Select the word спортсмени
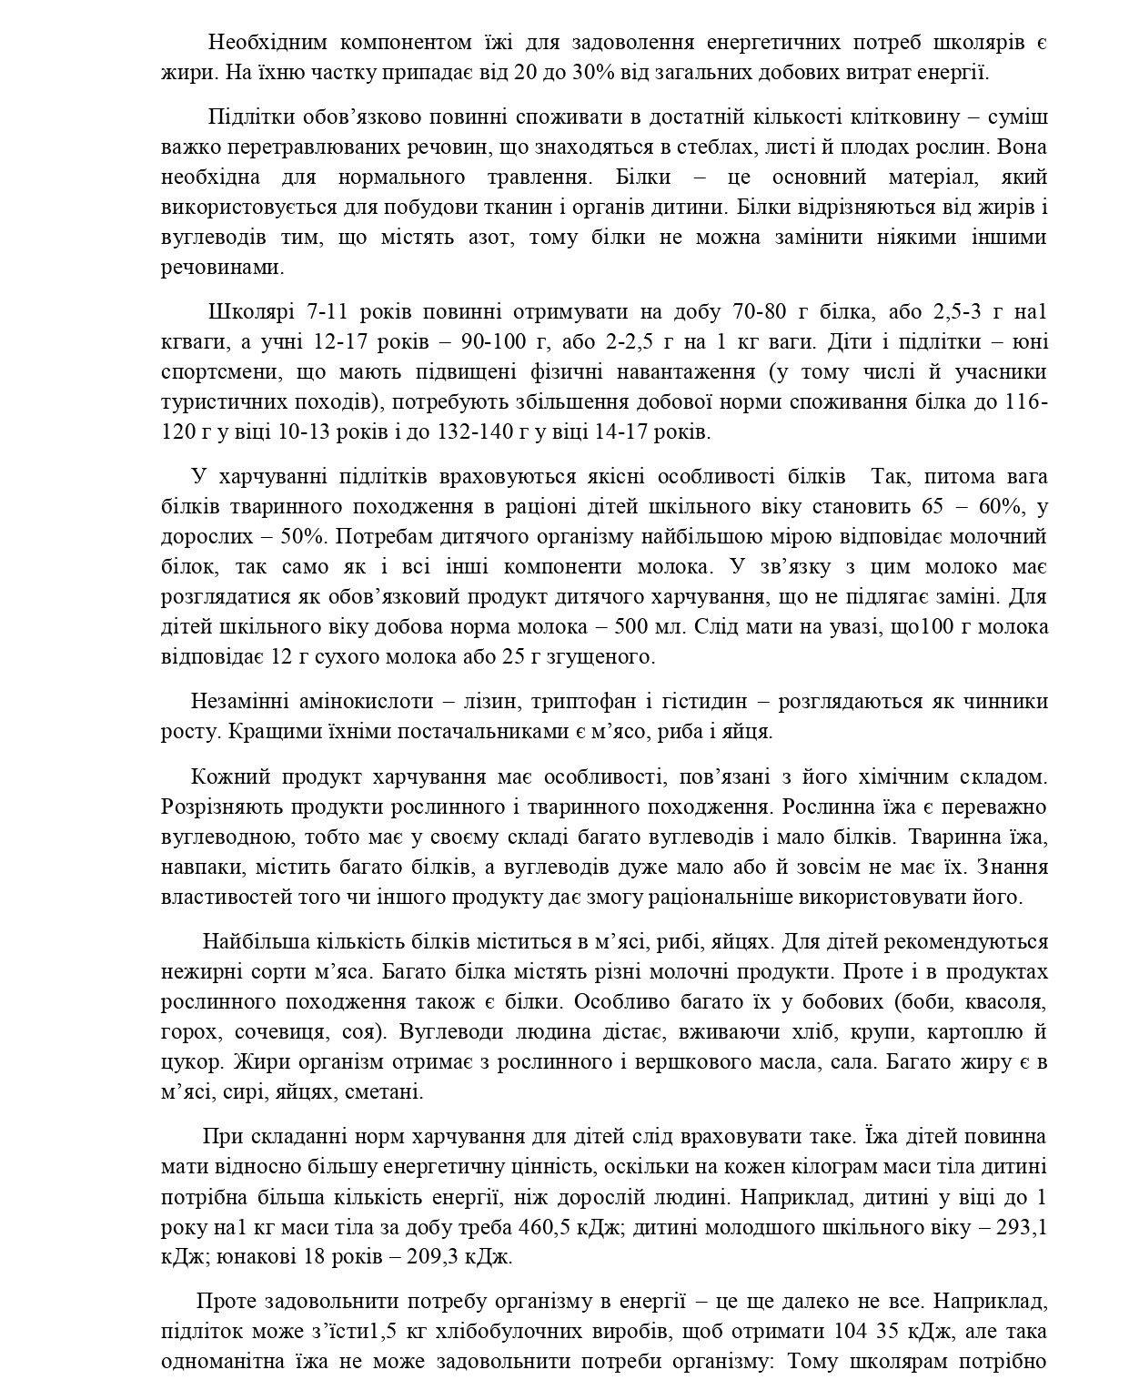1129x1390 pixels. (216, 372)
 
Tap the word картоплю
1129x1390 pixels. (963, 1033)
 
